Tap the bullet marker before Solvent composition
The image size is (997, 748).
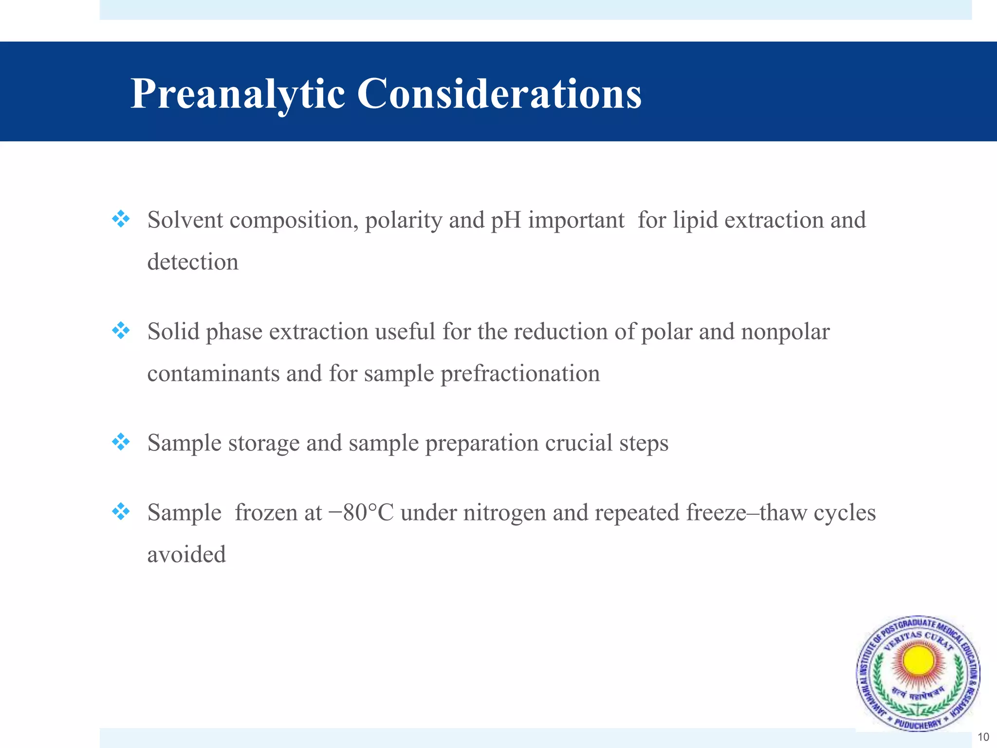121,219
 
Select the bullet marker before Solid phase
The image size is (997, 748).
121,331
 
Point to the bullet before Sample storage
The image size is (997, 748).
121,442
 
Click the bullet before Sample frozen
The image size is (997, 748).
121,512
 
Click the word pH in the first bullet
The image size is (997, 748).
506,220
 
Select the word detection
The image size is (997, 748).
193,262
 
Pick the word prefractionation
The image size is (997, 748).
520,374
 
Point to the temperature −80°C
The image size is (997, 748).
361,512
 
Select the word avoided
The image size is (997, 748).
186,555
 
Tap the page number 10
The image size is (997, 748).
983,737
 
